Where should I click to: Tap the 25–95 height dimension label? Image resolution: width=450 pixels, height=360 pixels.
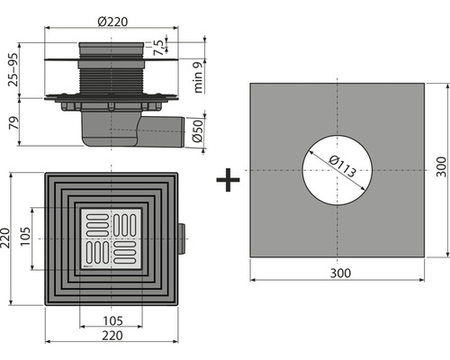click(x=13, y=67)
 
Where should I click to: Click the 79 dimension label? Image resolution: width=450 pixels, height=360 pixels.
click(x=13, y=123)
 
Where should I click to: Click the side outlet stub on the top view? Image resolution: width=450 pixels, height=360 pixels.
click(x=183, y=238)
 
